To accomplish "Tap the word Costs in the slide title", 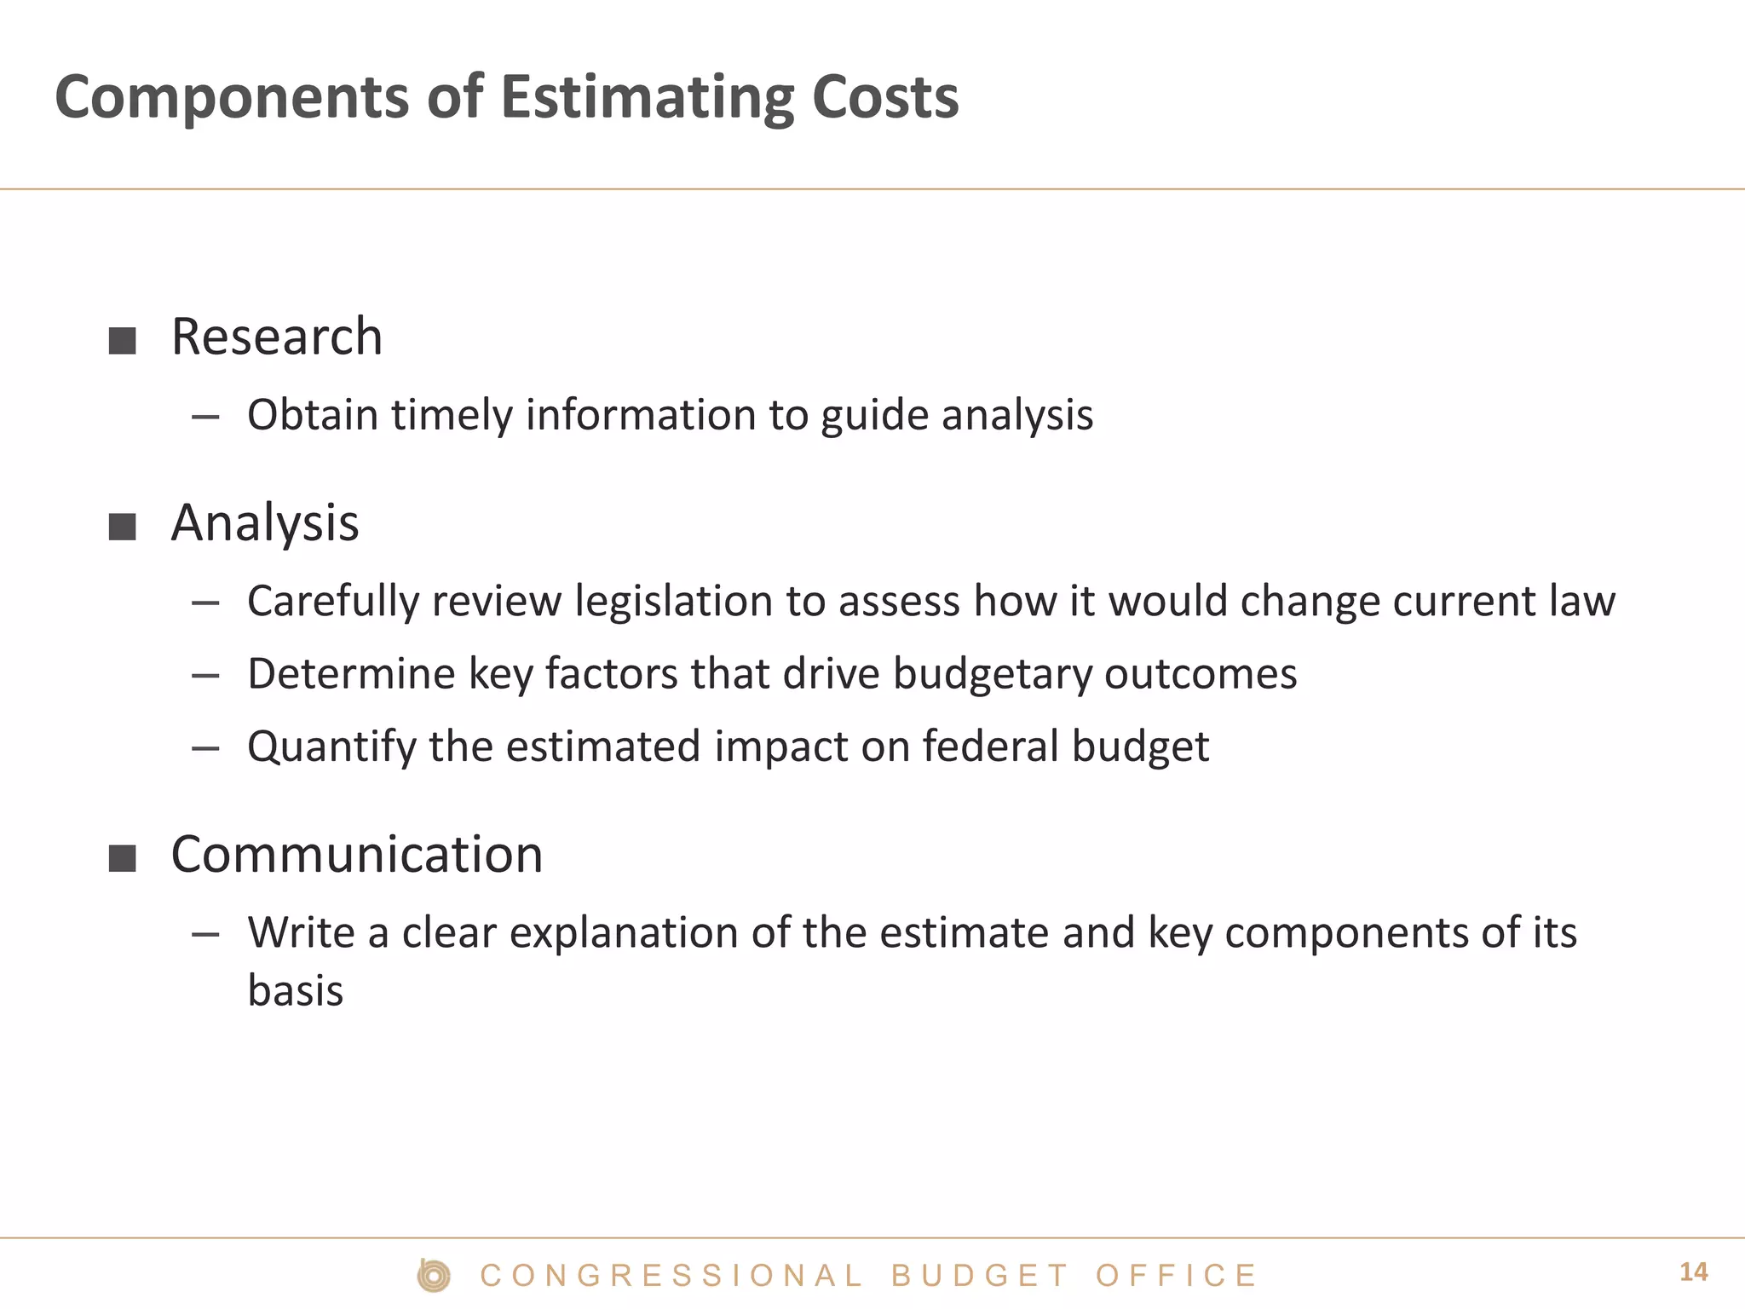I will click(885, 97).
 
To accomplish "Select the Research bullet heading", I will click(277, 337).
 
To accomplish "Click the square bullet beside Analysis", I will click(123, 528).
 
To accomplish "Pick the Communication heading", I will click(357, 854).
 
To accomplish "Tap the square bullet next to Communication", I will click(123, 858).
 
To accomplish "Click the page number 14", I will click(1693, 1272).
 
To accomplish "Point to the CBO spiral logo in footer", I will click(434, 1276).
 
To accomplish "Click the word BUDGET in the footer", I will click(979, 1276).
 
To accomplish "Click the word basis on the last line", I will click(296, 991).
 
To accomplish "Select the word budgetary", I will click(993, 675).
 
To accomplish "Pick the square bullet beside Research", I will click(123, 341).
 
